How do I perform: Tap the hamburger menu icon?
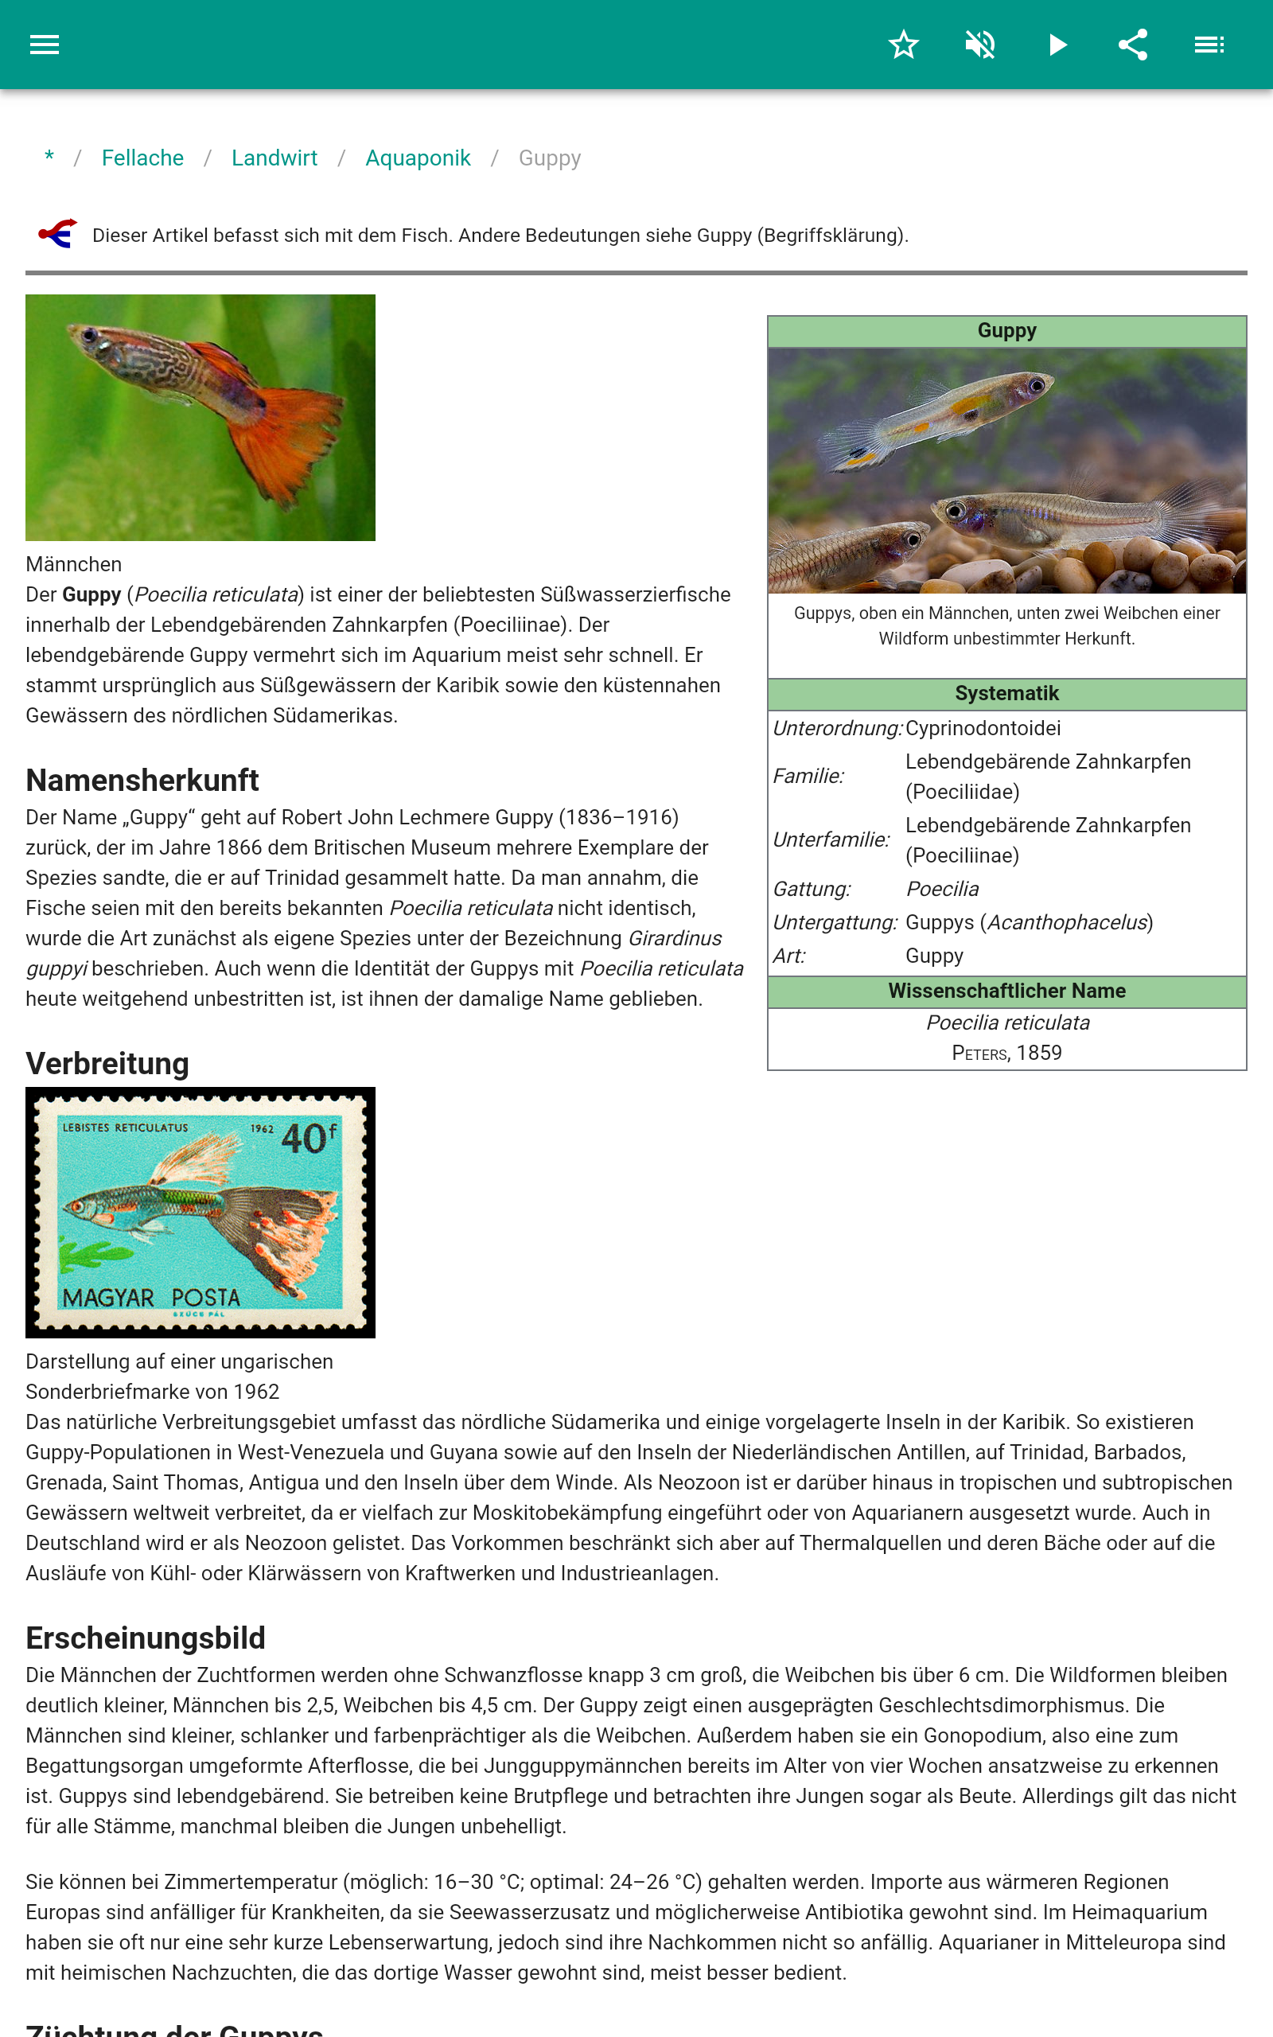point(45,45)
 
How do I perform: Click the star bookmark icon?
point(903,45)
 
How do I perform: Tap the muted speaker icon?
point(980,45)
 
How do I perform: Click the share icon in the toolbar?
point(1133,45)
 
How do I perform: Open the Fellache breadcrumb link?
point(142,158)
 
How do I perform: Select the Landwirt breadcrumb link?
point(274,158)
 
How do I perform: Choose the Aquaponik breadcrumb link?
point(418,158)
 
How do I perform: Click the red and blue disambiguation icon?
point(57,234)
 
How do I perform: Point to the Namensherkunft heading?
point(142,781)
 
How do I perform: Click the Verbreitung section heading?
point(107,1063)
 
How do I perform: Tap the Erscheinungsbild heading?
point(146,1638)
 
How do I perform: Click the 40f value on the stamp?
point(308,1138)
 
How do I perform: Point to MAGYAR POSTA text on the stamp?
point(151,1297)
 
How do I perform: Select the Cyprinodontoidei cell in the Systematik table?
point(983,728)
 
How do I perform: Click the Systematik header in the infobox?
point(1006,694)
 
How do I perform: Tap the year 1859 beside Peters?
point(1039,1053)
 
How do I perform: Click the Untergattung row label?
point(835,922)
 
